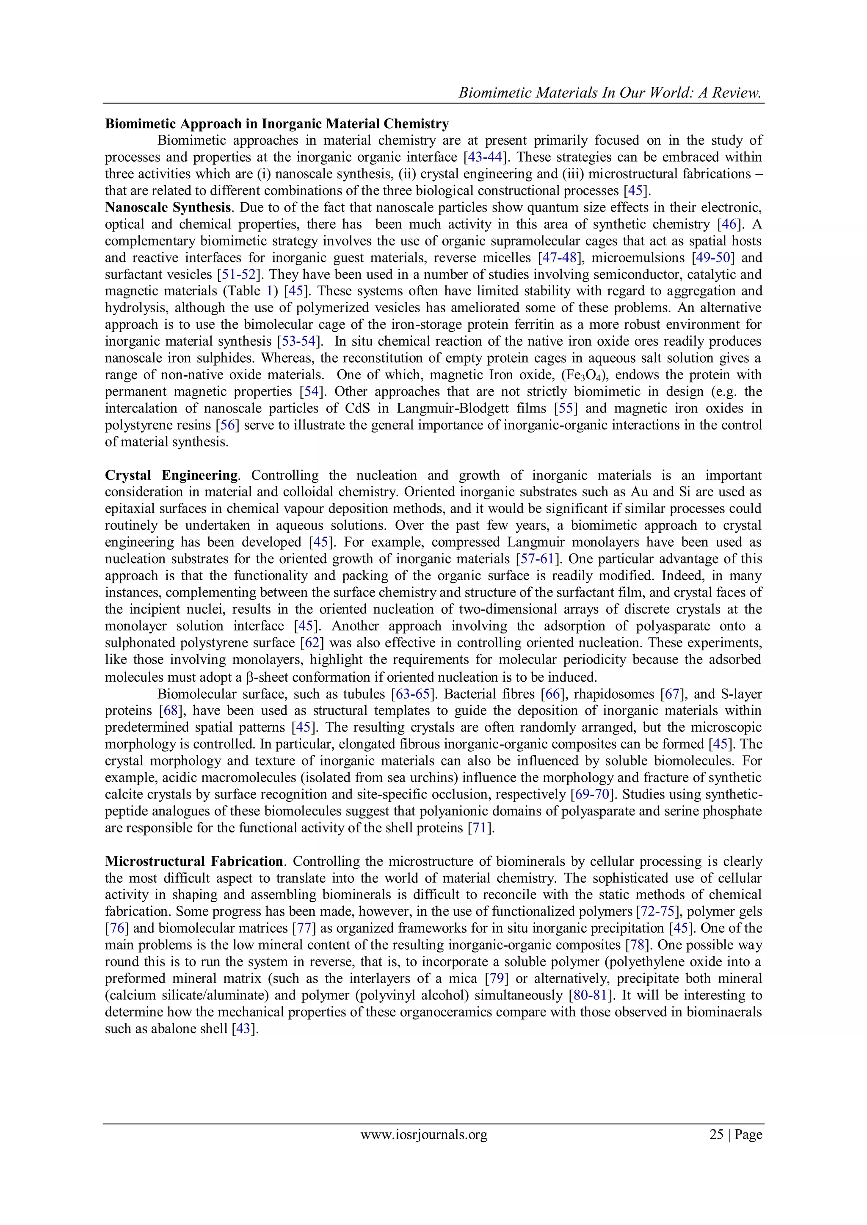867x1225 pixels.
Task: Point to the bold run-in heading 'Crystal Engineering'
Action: pos(171,475)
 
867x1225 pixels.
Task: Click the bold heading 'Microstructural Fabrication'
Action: pos(194,861)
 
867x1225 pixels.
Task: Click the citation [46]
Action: pos(729,224)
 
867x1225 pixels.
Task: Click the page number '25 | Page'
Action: pos(735,1134)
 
